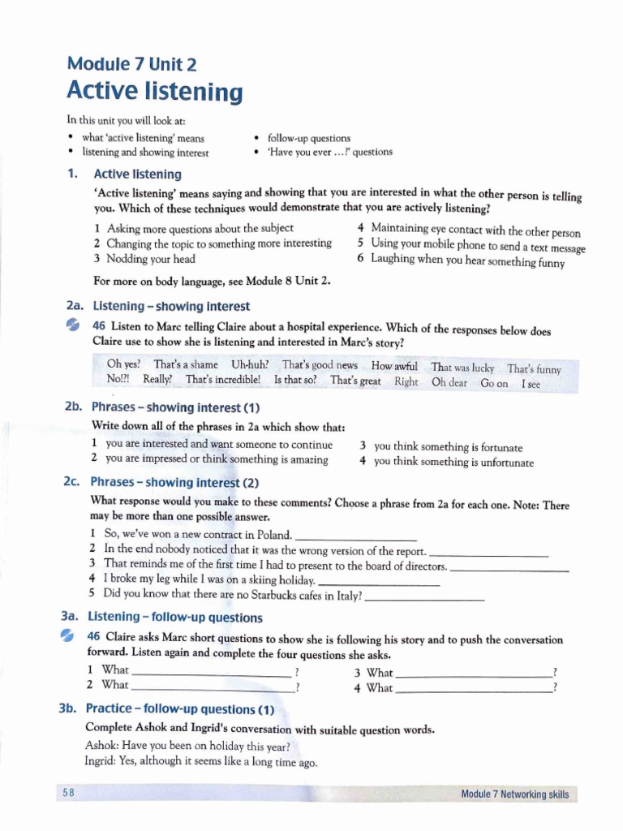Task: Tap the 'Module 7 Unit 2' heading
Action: (x=131, y=64)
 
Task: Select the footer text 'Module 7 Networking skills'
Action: (x=514, y=794)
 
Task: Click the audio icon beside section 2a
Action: (x=73, y=325)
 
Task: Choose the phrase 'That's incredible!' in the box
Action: (x=223, y=379)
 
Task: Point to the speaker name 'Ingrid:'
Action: (x=100, y=762)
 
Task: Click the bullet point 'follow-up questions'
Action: (x=308, y=139)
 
